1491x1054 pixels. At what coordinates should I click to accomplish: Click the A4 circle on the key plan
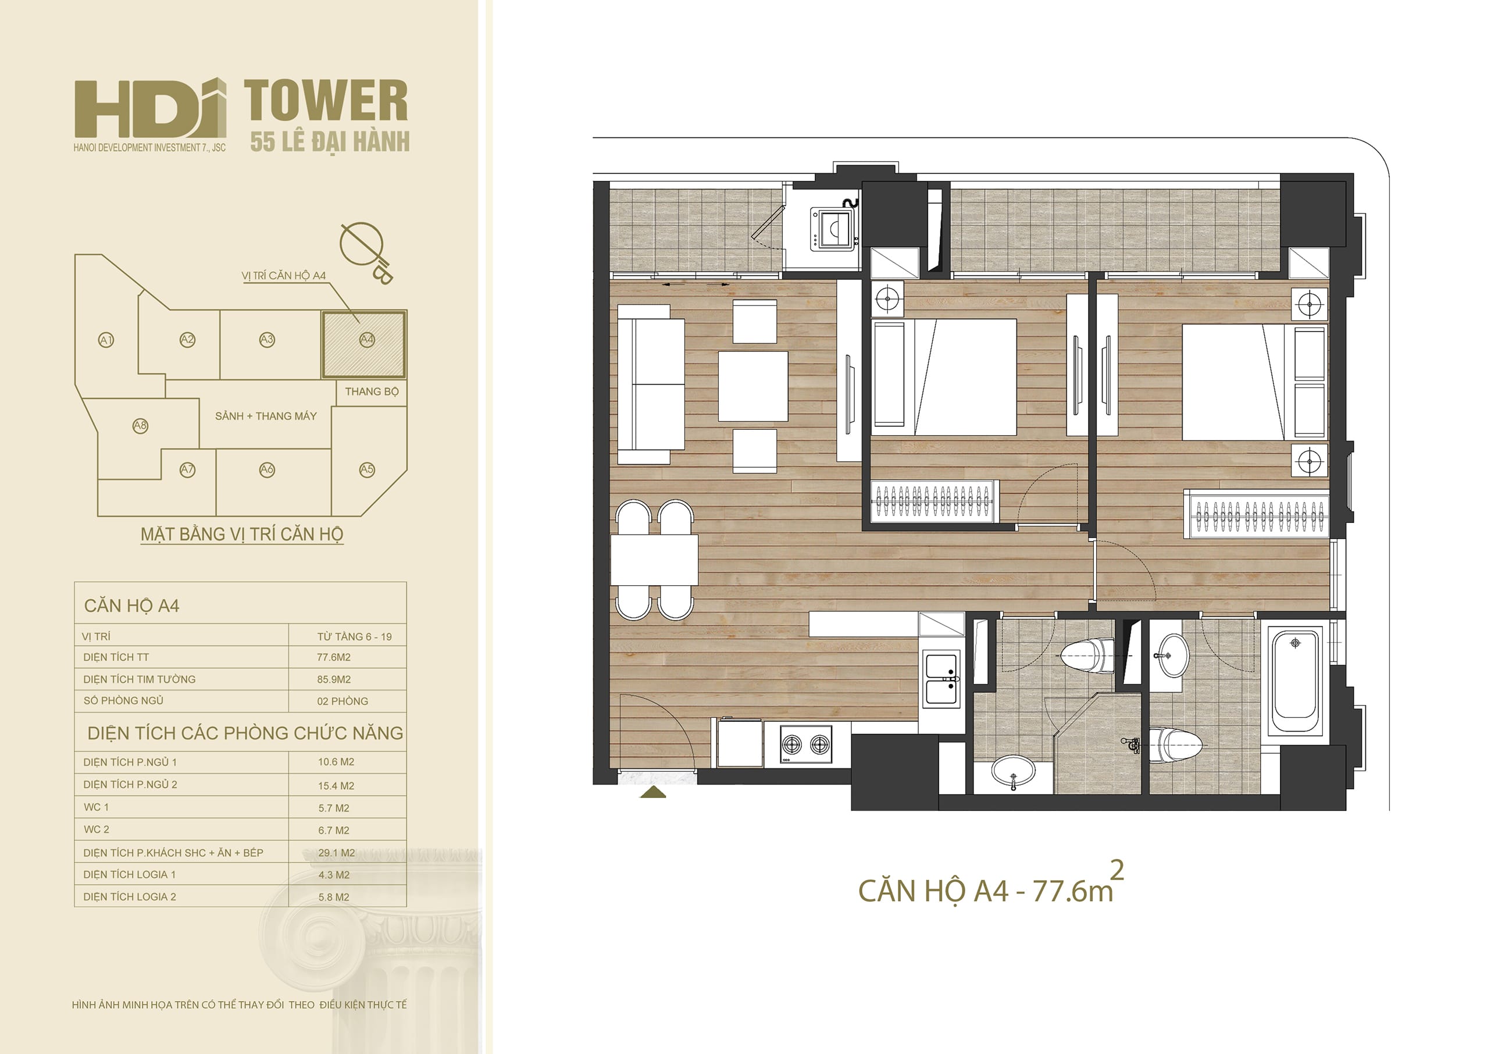coord(367,339)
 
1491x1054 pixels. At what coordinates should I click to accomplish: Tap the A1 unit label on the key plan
coord(106,340)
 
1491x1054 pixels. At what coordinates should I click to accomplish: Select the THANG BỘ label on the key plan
coord(372,391)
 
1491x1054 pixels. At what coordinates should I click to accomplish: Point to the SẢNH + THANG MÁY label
coord(266,416)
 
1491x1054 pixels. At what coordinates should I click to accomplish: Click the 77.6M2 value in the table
coord(334,657)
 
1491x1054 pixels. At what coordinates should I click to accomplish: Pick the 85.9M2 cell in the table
coord(334,679)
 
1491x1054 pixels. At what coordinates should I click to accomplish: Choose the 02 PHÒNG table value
coord(343,702)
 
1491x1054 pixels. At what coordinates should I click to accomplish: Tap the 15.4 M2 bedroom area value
coord(336,786)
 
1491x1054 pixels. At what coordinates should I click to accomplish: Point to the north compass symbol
coord(366,252)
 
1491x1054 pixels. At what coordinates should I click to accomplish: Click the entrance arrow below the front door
coord(653,792)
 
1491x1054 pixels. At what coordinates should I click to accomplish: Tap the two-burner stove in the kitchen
coord(806,744)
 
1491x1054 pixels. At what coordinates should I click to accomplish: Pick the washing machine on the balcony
coord(833,229)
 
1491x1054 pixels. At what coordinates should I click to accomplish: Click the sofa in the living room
coord(651,384)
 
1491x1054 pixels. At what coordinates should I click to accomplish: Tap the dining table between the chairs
coord(654,560)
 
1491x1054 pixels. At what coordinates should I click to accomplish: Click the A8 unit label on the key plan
coord(140,426)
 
